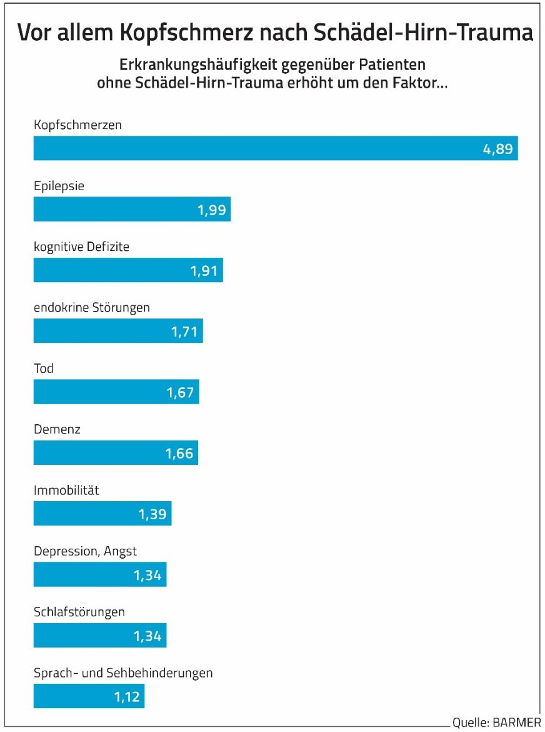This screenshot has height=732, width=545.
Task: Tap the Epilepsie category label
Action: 59,186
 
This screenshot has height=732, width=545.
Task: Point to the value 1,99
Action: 211,210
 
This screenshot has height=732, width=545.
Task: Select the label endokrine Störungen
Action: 91,307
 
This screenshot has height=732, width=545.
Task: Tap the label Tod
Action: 44,368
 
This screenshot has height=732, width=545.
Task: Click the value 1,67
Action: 180,392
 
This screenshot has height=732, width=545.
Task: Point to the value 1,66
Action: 179,453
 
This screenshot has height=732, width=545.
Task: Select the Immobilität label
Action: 66,491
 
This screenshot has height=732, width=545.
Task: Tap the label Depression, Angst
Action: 85,551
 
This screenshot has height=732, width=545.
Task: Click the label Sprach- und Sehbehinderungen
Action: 123,673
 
